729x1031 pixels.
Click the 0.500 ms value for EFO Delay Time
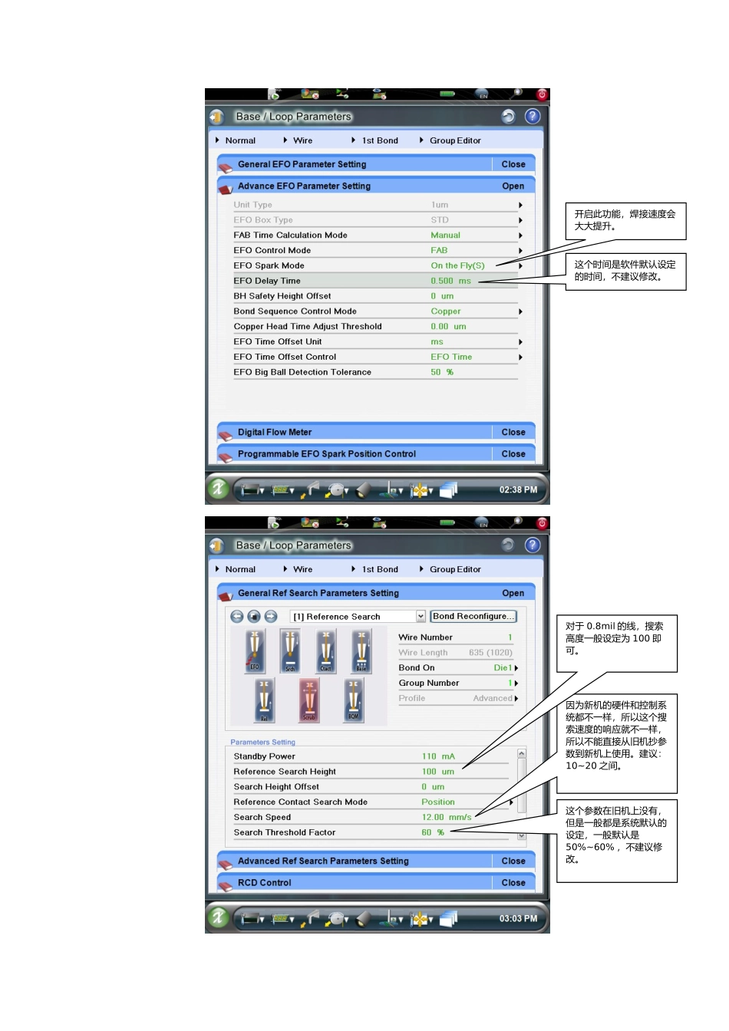point(450,281)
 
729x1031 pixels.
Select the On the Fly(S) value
point(457,265)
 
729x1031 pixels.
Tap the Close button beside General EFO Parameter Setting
point(513,164)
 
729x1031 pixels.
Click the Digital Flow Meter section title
point(274,432)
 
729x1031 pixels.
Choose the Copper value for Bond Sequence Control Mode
point(445,311)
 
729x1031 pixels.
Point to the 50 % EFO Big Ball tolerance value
point(441,372)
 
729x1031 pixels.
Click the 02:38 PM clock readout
point(518,489)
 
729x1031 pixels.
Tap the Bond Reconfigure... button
point(473,616)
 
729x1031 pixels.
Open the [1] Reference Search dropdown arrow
point(421,616)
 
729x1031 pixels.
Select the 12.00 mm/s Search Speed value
point(446,817)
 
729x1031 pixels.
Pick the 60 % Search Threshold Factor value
point(432,832)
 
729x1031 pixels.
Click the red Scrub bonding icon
point(309,700)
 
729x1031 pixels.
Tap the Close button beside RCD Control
point(513,883)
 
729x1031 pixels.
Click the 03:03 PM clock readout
point(518,918)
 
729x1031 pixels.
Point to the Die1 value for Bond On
point(503,668)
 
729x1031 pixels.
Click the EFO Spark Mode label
point(269,265)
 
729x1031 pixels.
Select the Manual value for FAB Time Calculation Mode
point(445,236)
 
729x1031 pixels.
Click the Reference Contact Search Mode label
point(300,802)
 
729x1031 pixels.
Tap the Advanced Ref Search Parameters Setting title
point(323,861)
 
